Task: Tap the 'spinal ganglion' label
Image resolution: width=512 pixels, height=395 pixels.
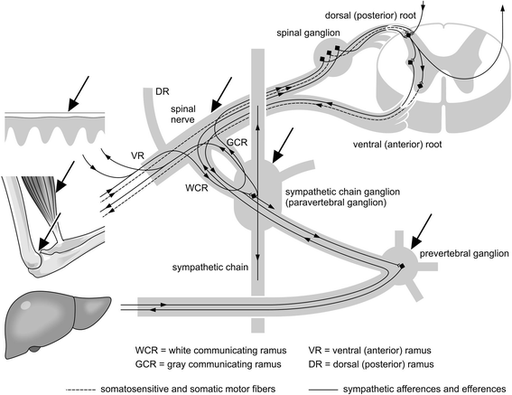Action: pyautogui.click(x=308, y=33)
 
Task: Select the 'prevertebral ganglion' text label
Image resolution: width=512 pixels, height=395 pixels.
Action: pyautogui.click(x=464, y=254)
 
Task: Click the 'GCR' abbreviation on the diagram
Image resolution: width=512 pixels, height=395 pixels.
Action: pyautogui.click(x=237, y=143)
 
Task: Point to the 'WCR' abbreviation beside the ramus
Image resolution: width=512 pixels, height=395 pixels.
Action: pyautogui.click(x=197, y=188)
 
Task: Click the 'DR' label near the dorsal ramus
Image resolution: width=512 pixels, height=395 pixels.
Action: pyautogui.click(x=163, y=91)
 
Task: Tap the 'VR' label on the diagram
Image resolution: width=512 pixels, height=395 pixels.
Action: pyautogui.click(x=137, y=155)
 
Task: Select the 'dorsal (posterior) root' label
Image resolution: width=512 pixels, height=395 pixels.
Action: pyautogui.click(x=370, y=15)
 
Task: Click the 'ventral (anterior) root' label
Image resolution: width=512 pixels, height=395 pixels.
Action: pyautogui.click(x=397, y=145)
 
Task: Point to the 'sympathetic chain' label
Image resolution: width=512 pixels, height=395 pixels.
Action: pyautogui.click(x=210, y=268)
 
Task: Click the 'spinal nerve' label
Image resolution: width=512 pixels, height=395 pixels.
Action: pyautogui.click(x=182, y=114)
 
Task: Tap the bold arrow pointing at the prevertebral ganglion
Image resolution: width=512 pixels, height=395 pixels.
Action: pyautogui.click(x=422, y=231)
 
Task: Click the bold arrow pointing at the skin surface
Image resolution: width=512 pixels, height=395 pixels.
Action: pyautogui.click(x=79, y=93)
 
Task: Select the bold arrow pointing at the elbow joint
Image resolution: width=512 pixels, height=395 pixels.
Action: pyautogui.click(x=50, y=231)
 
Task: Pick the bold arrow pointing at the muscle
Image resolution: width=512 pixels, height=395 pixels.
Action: pyautogui.click(x=65, y=176)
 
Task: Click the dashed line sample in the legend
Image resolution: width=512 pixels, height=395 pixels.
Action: pyautogui.click(x=80, y=390)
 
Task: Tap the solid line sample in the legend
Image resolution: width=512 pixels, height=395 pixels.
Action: pyautogui.click(x=323, y=390)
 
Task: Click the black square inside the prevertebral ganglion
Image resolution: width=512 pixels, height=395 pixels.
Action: pyautogui.click(x=402, y=266)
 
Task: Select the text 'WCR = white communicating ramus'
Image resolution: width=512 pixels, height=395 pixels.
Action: pyautogui.click(x=210, y=351)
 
